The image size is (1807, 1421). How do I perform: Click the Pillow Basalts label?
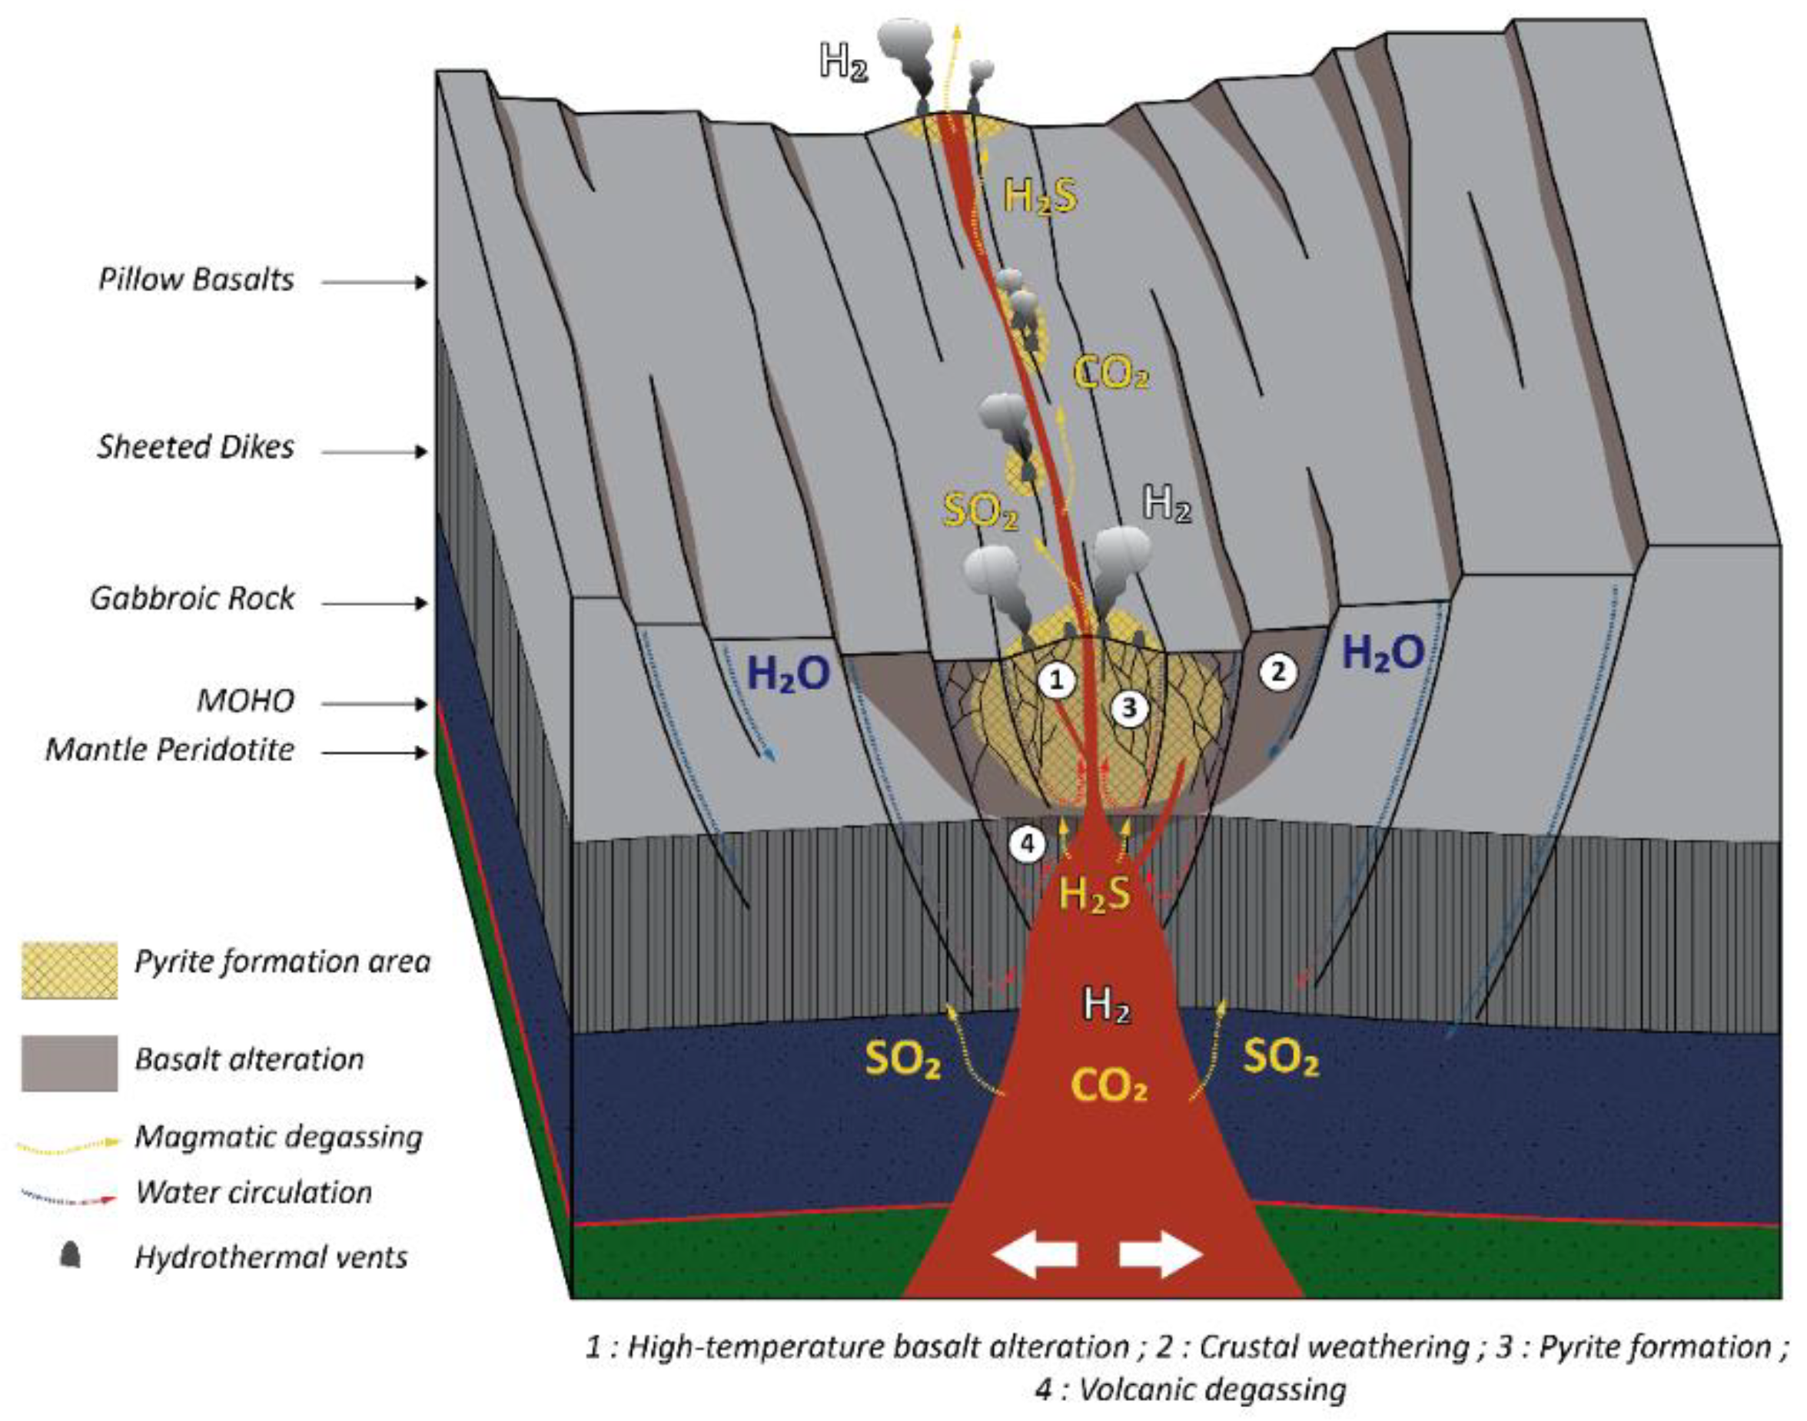coord(197,280)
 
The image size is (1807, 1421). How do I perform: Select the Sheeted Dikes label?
coord(197,449)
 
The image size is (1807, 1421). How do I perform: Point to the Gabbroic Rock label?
coord(192,599)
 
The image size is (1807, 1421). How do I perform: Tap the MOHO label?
coord(245,701)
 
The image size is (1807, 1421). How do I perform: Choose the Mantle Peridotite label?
coord(170,750)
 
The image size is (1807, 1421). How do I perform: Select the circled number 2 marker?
coord(1277,671)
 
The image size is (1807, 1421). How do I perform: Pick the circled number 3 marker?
coord(1130,708)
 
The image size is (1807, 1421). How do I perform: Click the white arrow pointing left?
coord(1035,1254)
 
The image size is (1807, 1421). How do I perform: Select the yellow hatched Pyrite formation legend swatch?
coord(69,970)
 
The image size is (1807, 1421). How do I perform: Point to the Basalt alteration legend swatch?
coord(69,1062)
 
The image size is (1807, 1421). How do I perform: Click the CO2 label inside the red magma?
coord(1108,1085)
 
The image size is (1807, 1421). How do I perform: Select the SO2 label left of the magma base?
coord(903,1062)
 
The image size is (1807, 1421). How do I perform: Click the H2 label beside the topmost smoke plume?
coord(843,61)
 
